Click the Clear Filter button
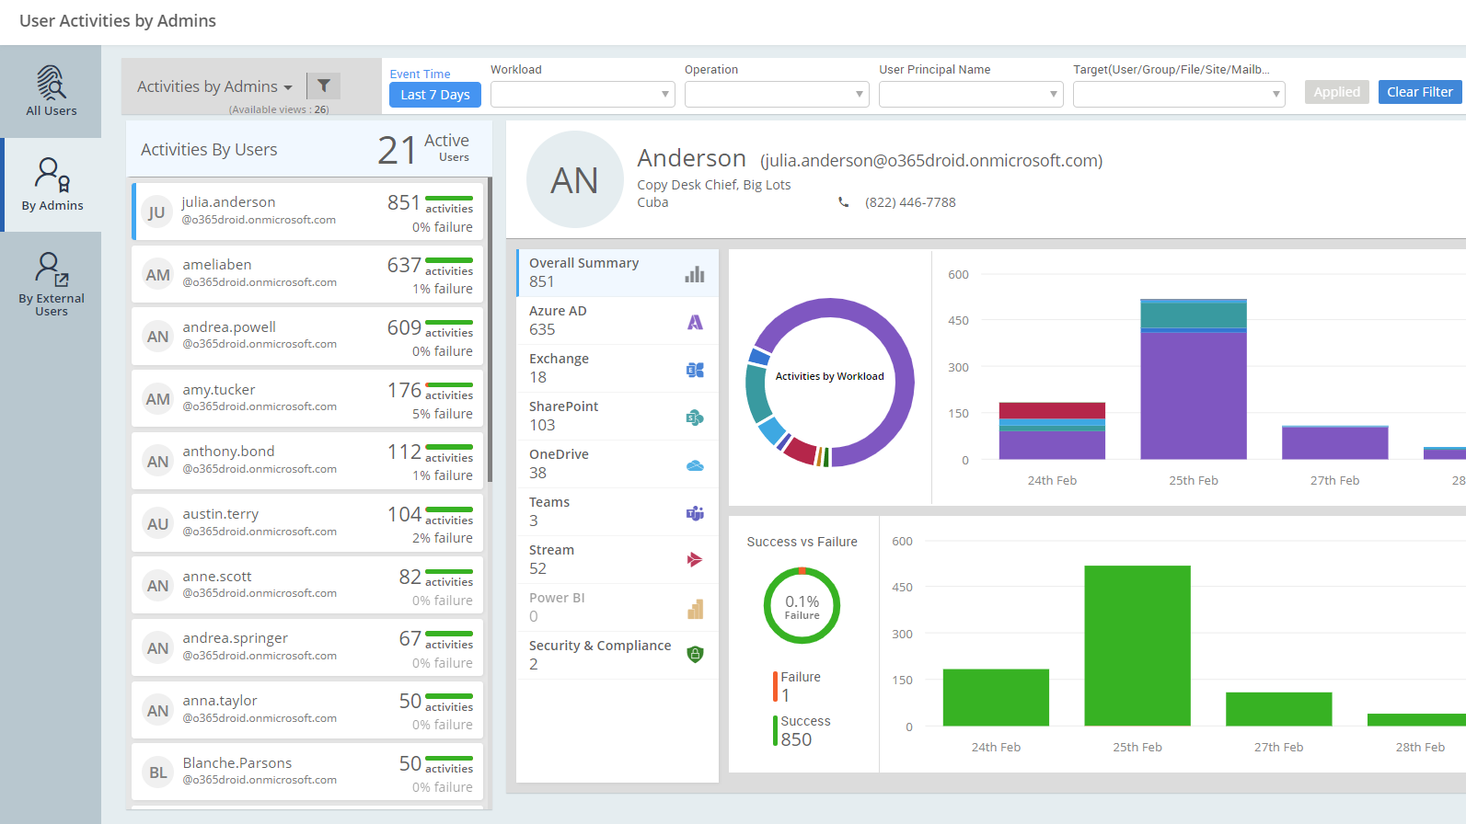[x=1419, y=92]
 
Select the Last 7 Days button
[x=434, y=95]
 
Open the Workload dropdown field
[x=583, y=94]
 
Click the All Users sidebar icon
[x=52, y=91]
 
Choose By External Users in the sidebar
[x=52, y=284]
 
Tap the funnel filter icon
[x=324, y=86]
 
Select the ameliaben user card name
[x=217, y=265]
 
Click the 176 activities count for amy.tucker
[x=404, y=390]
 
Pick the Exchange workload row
[x=617, y=368]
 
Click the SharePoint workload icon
[x=695, y=418]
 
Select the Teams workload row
[x=617, y=511]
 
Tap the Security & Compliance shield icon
[x=695, y=655]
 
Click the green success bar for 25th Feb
[x=1137, y=646]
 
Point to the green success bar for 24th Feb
[x=996, y=697]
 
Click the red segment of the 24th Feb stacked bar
[x=1052, y=410]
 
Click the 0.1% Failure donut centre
[x=802, y=606]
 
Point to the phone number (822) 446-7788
[x=910, y=202]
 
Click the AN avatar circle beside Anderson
[x=574, y=180]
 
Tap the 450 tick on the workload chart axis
[x=958, y=321]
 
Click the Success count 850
[x=796, y=739]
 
